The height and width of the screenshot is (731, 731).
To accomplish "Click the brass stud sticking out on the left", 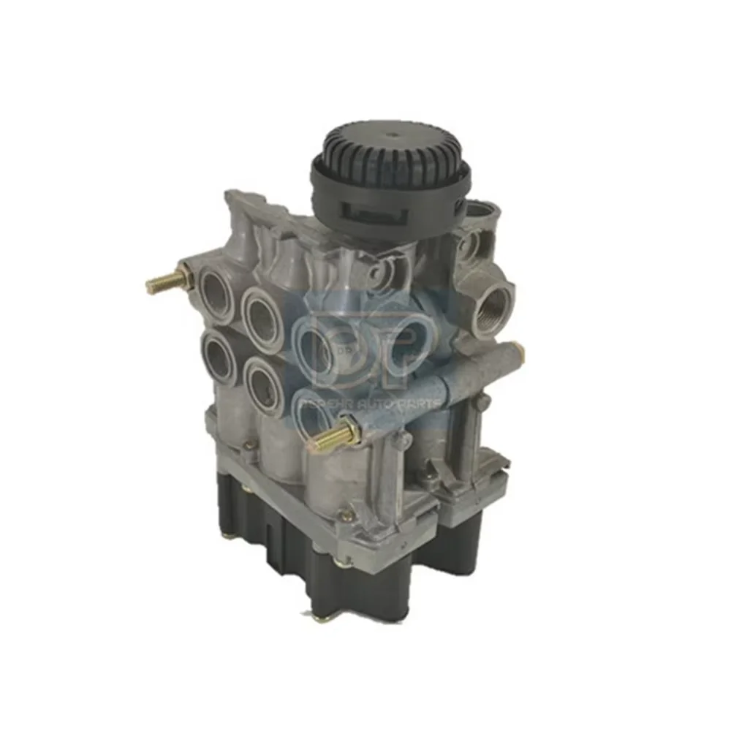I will pos(162,281).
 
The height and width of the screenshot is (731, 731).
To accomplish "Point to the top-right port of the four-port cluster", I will pos(261,314).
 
